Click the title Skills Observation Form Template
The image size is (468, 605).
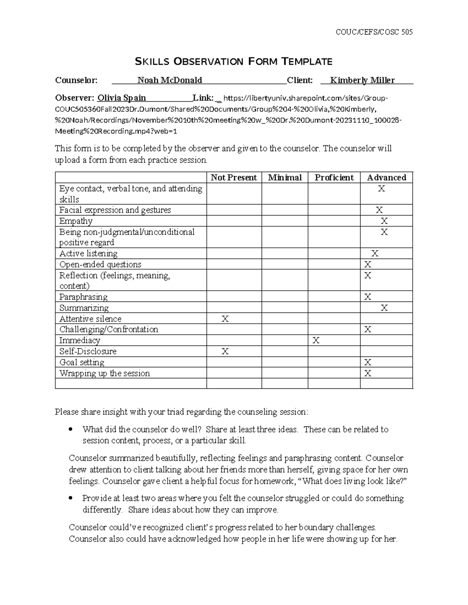point(233,61)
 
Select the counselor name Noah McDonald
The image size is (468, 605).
point(170,80)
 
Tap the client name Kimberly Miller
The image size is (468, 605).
point(362,80)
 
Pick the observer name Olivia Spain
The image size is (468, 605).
point(122,98)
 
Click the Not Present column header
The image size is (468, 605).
point(234,178)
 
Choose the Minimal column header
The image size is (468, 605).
point(285,178)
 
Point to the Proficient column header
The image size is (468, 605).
point(334,178)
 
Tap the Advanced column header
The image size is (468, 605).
point(386,178)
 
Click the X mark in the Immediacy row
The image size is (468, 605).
point(316,340)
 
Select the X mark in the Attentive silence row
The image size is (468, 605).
point(225,319)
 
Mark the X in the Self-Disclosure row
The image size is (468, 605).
point(225,351)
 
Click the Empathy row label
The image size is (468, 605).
point(76,221)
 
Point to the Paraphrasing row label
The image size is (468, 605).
point(83,297)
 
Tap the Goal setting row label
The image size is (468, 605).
point(82,362)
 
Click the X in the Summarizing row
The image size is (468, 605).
point(384,308)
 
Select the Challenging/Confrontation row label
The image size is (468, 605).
point(108,330)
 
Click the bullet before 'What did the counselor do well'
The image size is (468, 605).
point(71,430)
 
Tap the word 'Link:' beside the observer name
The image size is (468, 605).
point(203,98)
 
